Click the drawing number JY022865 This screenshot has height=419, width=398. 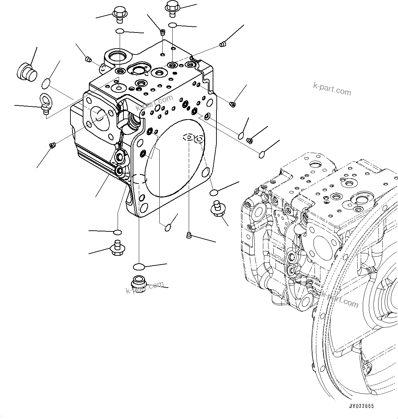(x=361, y=406)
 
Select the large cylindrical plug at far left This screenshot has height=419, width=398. (x=26, y=72)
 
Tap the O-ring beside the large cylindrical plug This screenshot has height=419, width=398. (x=46, y=83)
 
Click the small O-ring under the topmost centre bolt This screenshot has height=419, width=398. (x=173, y=25)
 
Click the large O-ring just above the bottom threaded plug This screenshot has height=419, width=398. (x=139, y=266)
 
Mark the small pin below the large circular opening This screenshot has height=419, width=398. (x=188, y=235)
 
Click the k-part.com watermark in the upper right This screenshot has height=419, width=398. (x=332, y=89)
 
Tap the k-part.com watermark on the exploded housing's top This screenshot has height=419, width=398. (x=155, y=104)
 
